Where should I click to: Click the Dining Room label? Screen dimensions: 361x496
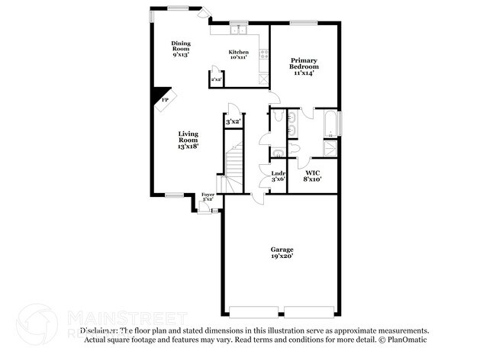[180, 49]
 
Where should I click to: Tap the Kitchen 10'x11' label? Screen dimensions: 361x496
[239, 54]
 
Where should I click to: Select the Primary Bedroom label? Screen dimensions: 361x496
[303, 66]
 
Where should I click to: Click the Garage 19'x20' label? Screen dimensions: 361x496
[282, 253]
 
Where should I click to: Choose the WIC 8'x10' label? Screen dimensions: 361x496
[313, 176]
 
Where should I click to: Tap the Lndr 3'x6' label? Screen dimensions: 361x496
[279, 176]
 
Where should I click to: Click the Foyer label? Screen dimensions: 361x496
[208, 197]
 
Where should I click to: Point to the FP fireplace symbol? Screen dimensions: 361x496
[165, 99]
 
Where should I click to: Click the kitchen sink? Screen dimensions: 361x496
[239, 31]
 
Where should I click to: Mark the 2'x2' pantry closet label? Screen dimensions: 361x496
[216, 79]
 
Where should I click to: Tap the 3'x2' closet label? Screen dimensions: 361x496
[233, 121]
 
